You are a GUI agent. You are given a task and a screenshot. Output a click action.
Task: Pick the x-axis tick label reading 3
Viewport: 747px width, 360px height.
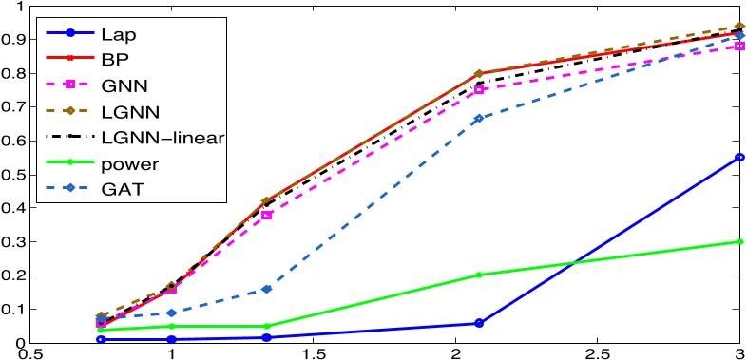click(739, 352)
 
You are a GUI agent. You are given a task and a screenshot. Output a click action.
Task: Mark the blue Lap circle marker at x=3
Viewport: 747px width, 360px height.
click(740, 158)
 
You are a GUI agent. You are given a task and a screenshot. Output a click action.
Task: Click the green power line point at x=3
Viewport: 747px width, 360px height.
click(740, 241)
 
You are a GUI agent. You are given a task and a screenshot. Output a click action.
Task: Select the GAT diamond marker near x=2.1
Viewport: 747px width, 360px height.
click(479, 119)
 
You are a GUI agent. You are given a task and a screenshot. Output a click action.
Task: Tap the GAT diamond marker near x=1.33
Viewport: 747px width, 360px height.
click(267, 289)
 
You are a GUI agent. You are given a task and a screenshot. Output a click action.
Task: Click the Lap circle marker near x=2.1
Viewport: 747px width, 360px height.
click(479, 323)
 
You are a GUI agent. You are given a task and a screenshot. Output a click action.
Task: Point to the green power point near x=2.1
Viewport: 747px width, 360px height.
click(479, 275)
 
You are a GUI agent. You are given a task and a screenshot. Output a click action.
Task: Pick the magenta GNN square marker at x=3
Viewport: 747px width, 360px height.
click(740, 46)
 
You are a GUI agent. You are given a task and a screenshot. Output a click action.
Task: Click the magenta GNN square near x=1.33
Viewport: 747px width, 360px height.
click(267, 215)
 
